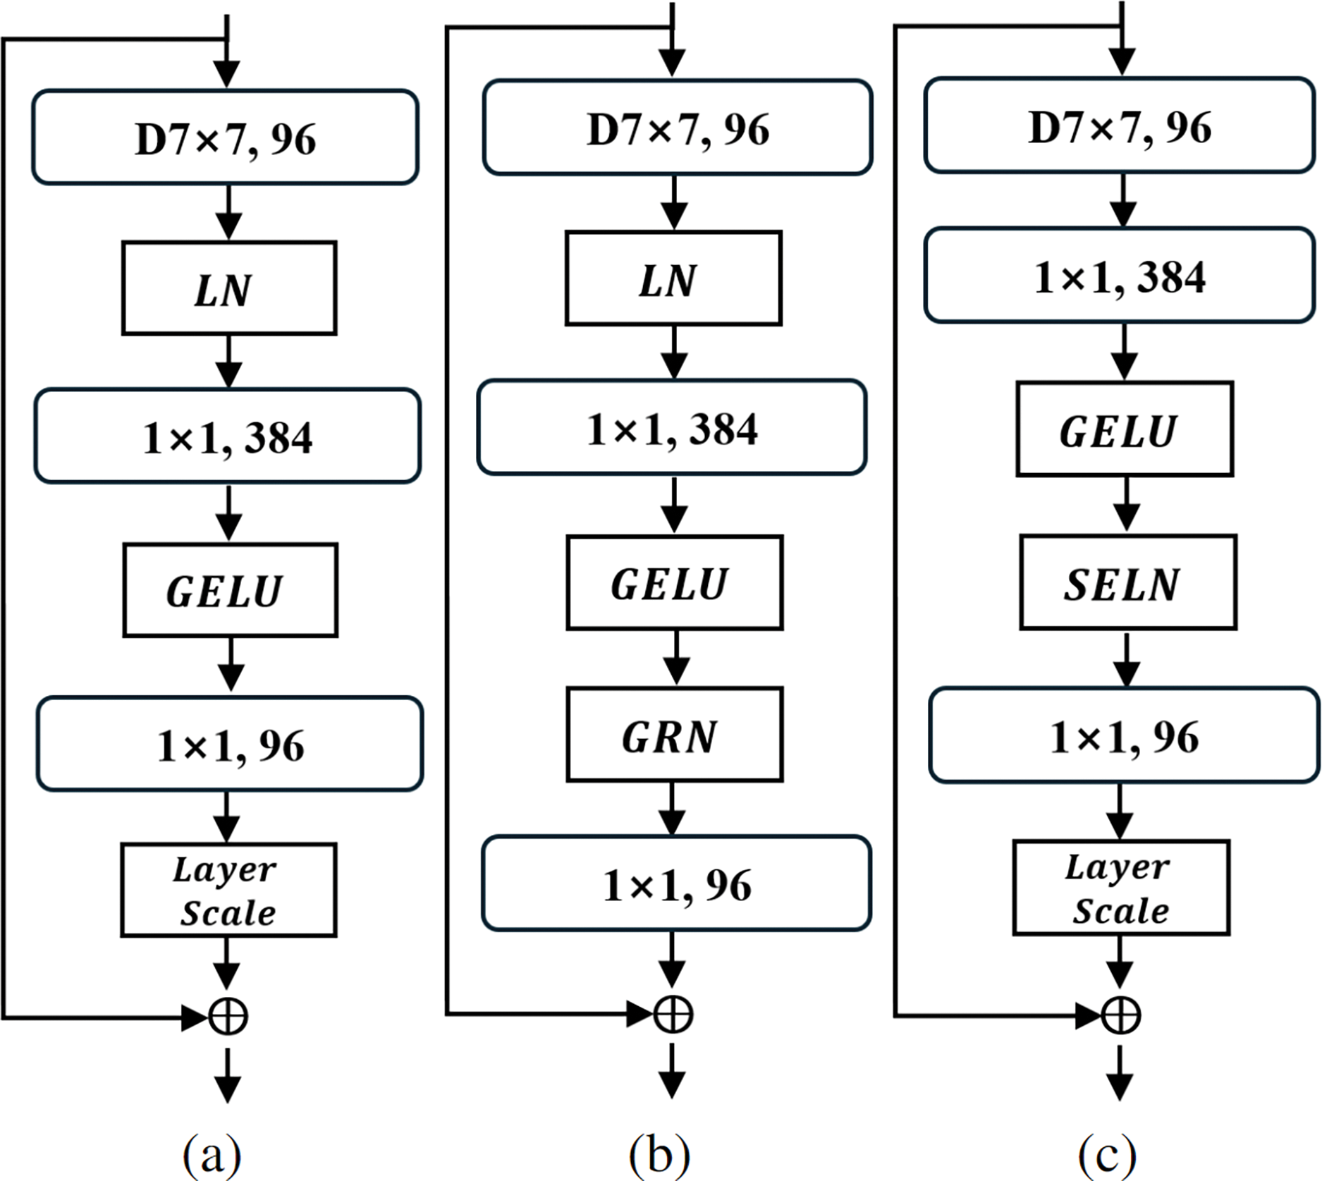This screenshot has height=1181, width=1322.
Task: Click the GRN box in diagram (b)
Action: coord(675,734)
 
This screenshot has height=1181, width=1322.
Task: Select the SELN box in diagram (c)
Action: coord(1127,582)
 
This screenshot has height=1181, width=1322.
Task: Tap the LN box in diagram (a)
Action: coord(229,288)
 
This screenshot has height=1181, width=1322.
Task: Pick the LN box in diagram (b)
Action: coord(673,278)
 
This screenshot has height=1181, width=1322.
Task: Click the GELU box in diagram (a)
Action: coord(231,589)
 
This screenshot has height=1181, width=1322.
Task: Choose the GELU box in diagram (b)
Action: coord(675,582)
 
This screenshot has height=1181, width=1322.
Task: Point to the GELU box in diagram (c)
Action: coord(1125,429)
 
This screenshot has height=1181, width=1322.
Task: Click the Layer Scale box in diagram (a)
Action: coord(228,890)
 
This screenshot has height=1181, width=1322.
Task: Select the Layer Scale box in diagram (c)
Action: coord(1121,887)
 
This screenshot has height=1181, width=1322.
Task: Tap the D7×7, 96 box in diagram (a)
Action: coord(226,137)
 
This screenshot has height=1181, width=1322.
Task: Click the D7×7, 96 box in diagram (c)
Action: coord(1120,126)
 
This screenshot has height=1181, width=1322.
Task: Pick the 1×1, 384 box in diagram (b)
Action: coord(672,427)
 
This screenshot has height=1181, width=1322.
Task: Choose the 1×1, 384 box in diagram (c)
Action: coord(1120,275)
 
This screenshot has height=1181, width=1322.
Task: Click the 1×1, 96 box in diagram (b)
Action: coord(677,883)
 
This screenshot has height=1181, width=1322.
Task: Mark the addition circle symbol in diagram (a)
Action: coord(228,1017)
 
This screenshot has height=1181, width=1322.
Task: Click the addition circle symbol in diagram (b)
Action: coord(673,1014)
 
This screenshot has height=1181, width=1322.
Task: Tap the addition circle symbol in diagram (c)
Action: coord(1120,1015)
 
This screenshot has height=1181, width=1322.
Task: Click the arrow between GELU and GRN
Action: coord(676,658)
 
